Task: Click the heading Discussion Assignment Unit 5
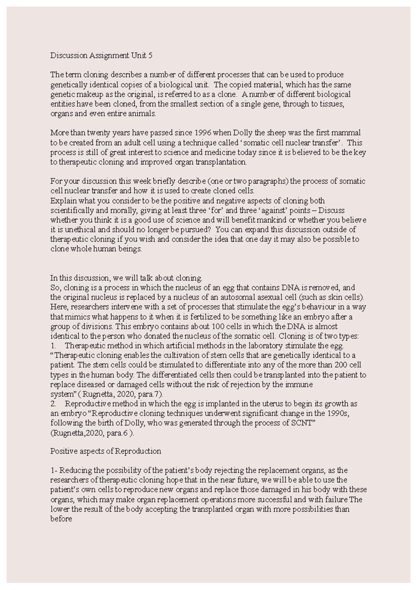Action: click(101, 56)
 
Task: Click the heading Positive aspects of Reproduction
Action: click(106, 451)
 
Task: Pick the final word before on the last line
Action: click(61, 519)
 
